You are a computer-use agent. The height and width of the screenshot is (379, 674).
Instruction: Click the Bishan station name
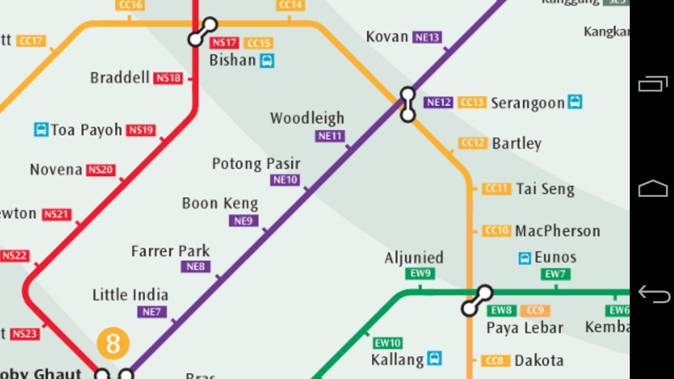tap(232, 60)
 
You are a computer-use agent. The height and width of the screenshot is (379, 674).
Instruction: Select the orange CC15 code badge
tap(259, 43)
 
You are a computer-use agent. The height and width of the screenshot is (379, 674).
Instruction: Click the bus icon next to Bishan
tap(267, 61)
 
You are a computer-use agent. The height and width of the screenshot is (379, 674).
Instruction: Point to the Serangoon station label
tap(527, 103)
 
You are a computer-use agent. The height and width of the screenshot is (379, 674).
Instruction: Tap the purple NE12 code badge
tap(439, 102)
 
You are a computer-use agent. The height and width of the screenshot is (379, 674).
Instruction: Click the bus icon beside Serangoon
tap(575, 102)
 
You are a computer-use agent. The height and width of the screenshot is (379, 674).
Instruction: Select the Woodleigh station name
tap(307, 118)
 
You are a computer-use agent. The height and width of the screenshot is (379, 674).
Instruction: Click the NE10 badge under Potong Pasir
tap(285, 180)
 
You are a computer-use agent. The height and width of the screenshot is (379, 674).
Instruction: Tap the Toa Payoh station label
tap(86, 130)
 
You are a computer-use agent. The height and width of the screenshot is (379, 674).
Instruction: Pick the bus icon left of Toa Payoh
tap(41, 129)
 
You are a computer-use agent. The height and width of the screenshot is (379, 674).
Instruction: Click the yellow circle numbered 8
tap(113, 344)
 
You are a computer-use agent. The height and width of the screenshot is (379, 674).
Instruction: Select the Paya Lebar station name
tap(524, 328)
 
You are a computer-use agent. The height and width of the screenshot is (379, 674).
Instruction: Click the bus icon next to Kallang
tap(434, 359)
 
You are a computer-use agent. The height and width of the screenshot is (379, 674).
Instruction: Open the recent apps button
tap(653, 84)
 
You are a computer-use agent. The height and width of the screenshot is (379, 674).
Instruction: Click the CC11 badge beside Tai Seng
tap(496, 189)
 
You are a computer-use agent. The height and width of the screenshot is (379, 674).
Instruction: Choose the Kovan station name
tap(387, 37)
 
